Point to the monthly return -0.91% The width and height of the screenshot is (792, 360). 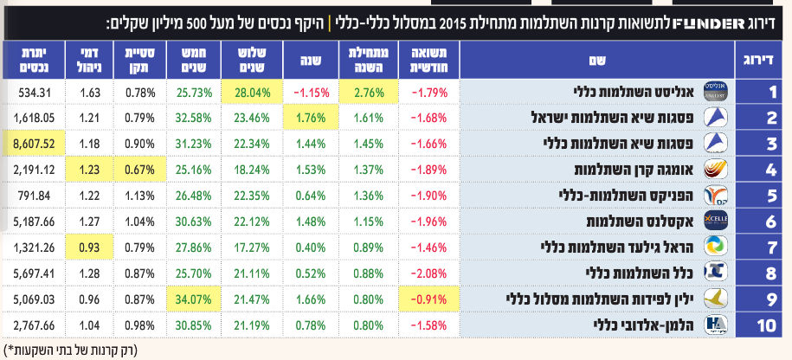pyautogui.click(x=428, y=299)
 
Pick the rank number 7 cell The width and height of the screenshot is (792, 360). pyautogui.click(x=764, y=247)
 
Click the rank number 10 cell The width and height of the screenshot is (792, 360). pyautogui.click(x=764, y=325)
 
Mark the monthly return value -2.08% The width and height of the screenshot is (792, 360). pyautogui.click(x=428, y=273)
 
